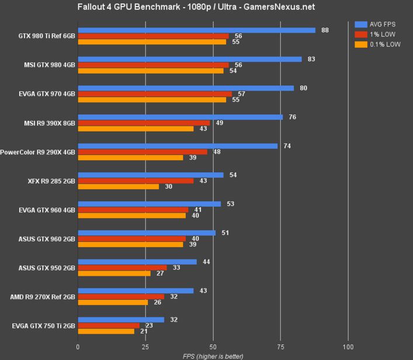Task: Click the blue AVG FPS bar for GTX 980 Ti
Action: click(196, 30)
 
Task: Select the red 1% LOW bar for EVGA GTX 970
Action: click(155, 94)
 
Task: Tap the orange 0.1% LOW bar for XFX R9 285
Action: click(118, 187)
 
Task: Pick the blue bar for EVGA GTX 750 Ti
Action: click(121, 320)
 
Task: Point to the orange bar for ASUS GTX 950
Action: click(114, 274)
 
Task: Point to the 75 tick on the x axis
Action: click(281, 347)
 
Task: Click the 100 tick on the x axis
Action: click(348, 347)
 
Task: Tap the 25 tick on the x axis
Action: click(145, 347)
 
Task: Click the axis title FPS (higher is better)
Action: click(213, 355)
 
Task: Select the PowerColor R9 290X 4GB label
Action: click(38, 152)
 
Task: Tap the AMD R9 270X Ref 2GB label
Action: click(43, 297)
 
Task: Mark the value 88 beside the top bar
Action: click(325, 30)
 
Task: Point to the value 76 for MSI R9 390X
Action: click(293, 117)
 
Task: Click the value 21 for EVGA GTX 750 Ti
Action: click(144, 331)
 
